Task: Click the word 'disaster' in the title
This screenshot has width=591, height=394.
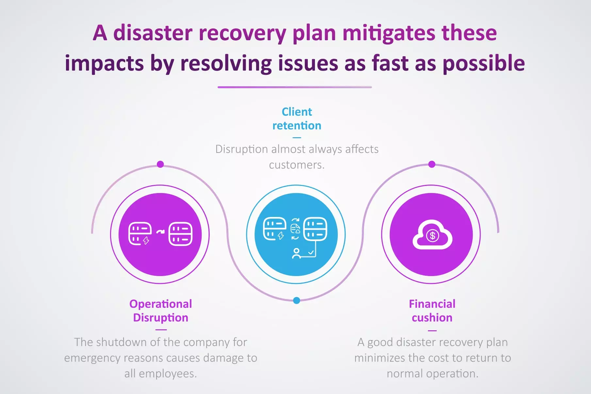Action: click(153, 33)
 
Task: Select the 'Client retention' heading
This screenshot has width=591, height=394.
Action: click(297, 119)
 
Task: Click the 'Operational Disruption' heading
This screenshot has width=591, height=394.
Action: click(160, 311)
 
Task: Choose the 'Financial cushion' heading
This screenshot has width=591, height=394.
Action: click(432, 311)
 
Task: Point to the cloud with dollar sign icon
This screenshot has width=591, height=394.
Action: click(432, 235)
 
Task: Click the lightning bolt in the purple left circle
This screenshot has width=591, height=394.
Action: click(146, 241)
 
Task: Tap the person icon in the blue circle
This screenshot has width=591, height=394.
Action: click(296, 254)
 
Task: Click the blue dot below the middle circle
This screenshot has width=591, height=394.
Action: click(297, 301)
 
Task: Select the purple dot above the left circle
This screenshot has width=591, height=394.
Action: click(160, 164)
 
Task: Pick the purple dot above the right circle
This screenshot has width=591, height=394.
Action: click(432, 164)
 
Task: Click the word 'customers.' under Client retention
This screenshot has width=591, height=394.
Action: click(297, 165)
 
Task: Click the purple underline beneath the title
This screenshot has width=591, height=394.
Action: click(295, 87)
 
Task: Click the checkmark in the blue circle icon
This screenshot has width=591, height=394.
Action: click(311, 252)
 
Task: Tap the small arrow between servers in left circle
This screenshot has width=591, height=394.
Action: click(160, 232)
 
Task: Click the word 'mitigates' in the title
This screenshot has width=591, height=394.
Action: click(389, 33)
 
